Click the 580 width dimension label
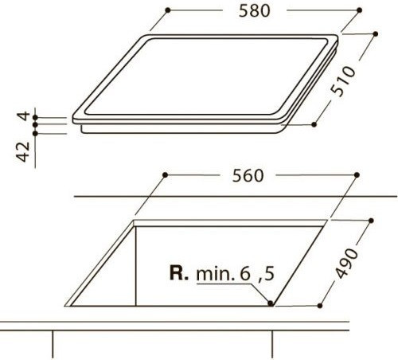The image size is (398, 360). tap(254, 11)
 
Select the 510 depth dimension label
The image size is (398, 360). tap(342, 81)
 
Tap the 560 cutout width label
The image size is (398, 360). tap(248, 176)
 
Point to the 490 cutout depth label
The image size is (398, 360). tap(346, 263)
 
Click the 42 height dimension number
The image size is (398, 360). tap(24, 152)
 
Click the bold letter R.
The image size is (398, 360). tap(179, 273)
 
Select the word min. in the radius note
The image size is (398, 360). tap(216, 274)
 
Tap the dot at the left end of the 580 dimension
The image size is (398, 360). tap(167, 10)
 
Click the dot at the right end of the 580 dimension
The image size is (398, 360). tap(360, 10)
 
